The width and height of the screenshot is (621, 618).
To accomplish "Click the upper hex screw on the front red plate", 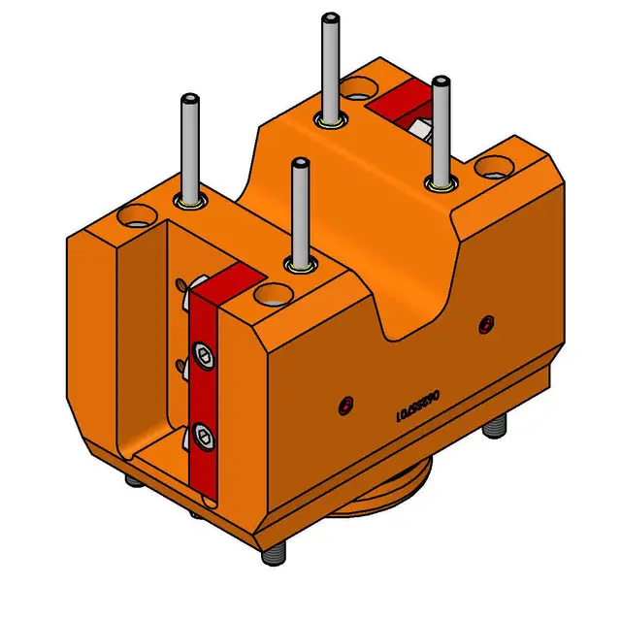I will [205, 357].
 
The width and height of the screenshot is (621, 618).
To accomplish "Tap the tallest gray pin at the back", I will [330, 68].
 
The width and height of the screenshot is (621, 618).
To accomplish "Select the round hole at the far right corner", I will [490, 169].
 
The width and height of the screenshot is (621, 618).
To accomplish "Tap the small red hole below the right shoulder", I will [485, 325].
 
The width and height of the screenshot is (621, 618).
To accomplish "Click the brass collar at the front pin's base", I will [300, 265].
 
